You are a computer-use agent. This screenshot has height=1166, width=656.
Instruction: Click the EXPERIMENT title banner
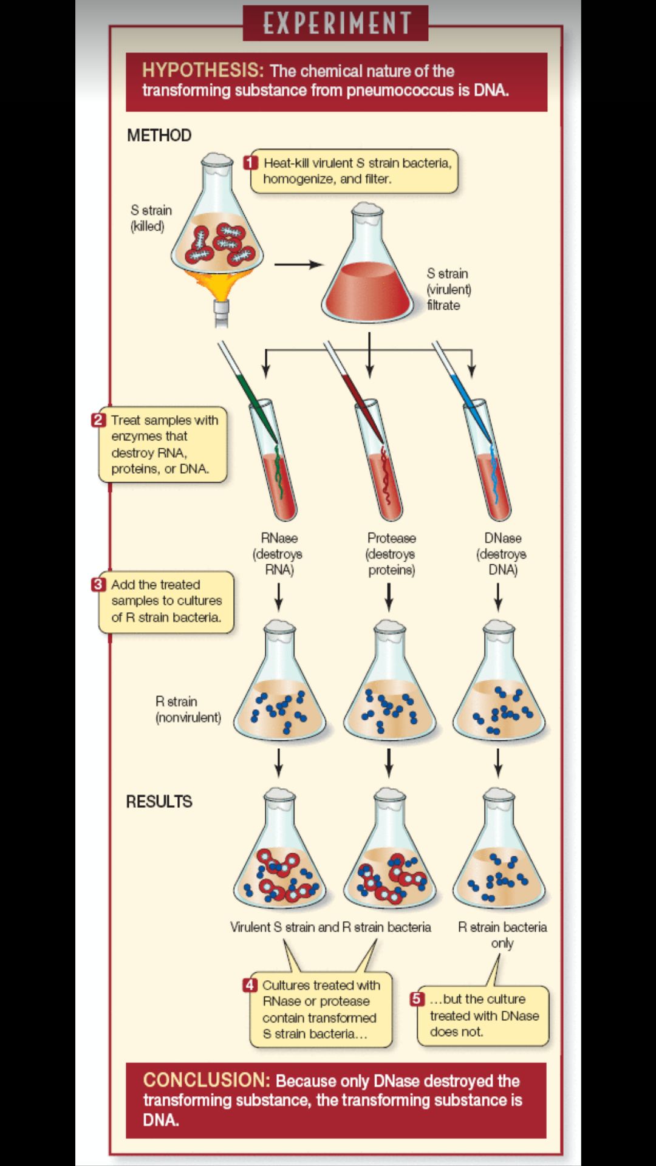click(x=335, y=23)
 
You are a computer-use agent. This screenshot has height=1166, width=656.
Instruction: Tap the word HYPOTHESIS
click(x=203, y=70)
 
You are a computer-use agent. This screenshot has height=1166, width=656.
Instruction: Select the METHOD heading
click(x=159, y=135)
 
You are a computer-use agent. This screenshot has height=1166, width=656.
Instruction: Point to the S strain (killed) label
click(x=151, y=218)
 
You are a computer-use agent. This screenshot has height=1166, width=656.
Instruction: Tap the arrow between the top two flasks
click(x=298, y=264)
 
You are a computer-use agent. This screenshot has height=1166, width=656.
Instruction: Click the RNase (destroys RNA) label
click(x=278, y=554)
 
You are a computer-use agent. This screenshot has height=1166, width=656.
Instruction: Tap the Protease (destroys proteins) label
click(x=391, y=554)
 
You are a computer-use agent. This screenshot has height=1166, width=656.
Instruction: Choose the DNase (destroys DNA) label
click(x=502, y=554)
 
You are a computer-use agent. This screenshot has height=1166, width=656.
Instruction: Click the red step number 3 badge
click(x=98, y=584)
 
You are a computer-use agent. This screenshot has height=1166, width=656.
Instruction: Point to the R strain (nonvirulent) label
click(x=188, y=709)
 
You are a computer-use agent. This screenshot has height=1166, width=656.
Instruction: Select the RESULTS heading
click(x=159, y=802)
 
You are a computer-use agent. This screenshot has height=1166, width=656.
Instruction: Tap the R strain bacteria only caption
click(x=502, y=935)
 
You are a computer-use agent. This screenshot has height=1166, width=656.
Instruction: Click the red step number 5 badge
click(x=417, y=999)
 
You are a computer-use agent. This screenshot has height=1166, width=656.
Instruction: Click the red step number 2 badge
click(x=98, y=420)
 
